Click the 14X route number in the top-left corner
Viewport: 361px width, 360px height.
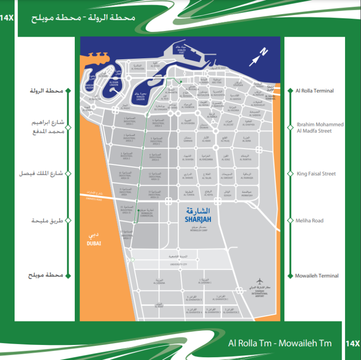point(8,18)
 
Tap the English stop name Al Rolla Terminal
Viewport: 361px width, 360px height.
point(314,91)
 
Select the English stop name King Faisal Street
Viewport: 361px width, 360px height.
point(316,173)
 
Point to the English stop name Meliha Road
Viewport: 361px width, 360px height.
point(310,220)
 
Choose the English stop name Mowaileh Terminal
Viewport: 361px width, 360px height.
point(317,276)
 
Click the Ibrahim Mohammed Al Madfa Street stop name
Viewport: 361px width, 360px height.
point(320,128)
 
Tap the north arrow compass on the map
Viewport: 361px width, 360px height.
point(259,56)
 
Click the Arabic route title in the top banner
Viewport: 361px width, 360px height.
point(83,18)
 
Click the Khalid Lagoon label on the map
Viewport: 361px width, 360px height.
point(141,97)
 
